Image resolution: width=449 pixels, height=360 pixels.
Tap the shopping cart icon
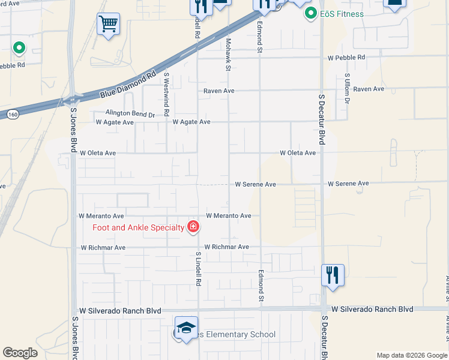[109, 25]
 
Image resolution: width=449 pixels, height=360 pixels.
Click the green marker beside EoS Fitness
[311, 13]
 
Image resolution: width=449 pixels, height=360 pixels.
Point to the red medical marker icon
[193, 227]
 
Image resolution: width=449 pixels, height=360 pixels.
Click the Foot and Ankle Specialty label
[138, 227]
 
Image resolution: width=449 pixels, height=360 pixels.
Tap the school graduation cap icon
[186, 328]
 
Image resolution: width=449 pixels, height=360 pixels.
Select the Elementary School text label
[234, 335]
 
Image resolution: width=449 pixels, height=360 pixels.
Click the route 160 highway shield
[12, 114]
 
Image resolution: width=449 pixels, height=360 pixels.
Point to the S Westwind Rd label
[167, 95]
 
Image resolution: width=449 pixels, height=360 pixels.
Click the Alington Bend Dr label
[130, 113]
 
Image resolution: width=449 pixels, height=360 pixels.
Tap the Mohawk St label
[228, 55]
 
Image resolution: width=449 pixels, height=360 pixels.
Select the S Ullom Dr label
[347, 89]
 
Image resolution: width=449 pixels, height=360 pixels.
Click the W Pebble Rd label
[346, 58]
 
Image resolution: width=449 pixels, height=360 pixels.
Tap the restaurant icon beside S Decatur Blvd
[333, 275]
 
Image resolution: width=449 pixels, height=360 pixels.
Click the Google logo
[20, 353]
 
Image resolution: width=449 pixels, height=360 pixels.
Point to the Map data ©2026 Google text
[411, 355]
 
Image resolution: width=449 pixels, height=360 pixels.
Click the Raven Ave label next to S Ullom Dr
[369, 89]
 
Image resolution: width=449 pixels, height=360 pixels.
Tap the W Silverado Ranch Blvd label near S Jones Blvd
[120, 311]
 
